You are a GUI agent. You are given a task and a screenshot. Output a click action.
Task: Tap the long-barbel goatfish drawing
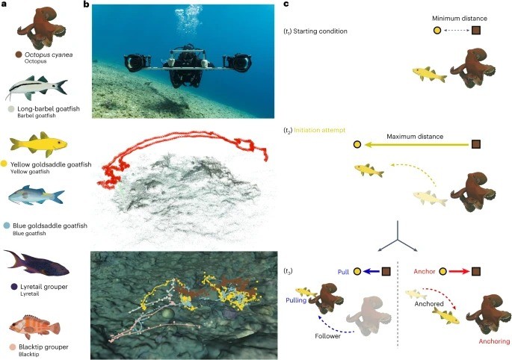tap(36, 88)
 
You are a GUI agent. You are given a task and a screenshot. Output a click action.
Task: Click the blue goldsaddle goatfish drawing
tap(36, 196)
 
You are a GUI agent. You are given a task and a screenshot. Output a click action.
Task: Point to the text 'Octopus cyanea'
tap(49, 55)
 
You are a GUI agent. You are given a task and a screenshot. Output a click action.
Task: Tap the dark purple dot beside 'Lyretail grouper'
tap(14, 287)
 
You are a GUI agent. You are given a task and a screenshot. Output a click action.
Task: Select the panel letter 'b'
tap(86, 4)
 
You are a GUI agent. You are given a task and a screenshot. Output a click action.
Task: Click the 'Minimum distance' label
tap(460, 19)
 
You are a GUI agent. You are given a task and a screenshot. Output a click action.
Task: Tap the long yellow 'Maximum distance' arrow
tap(416, 145)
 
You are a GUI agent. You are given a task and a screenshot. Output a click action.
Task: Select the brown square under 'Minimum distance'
tap(476, 31)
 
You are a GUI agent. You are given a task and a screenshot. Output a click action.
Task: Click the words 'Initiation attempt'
tap(320, 130)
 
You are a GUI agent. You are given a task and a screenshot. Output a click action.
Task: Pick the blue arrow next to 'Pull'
tap(371, 271)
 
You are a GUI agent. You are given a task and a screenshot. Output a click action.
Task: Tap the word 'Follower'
tap(327, 336)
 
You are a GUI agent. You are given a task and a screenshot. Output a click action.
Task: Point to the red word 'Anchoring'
tap(494, 341)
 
